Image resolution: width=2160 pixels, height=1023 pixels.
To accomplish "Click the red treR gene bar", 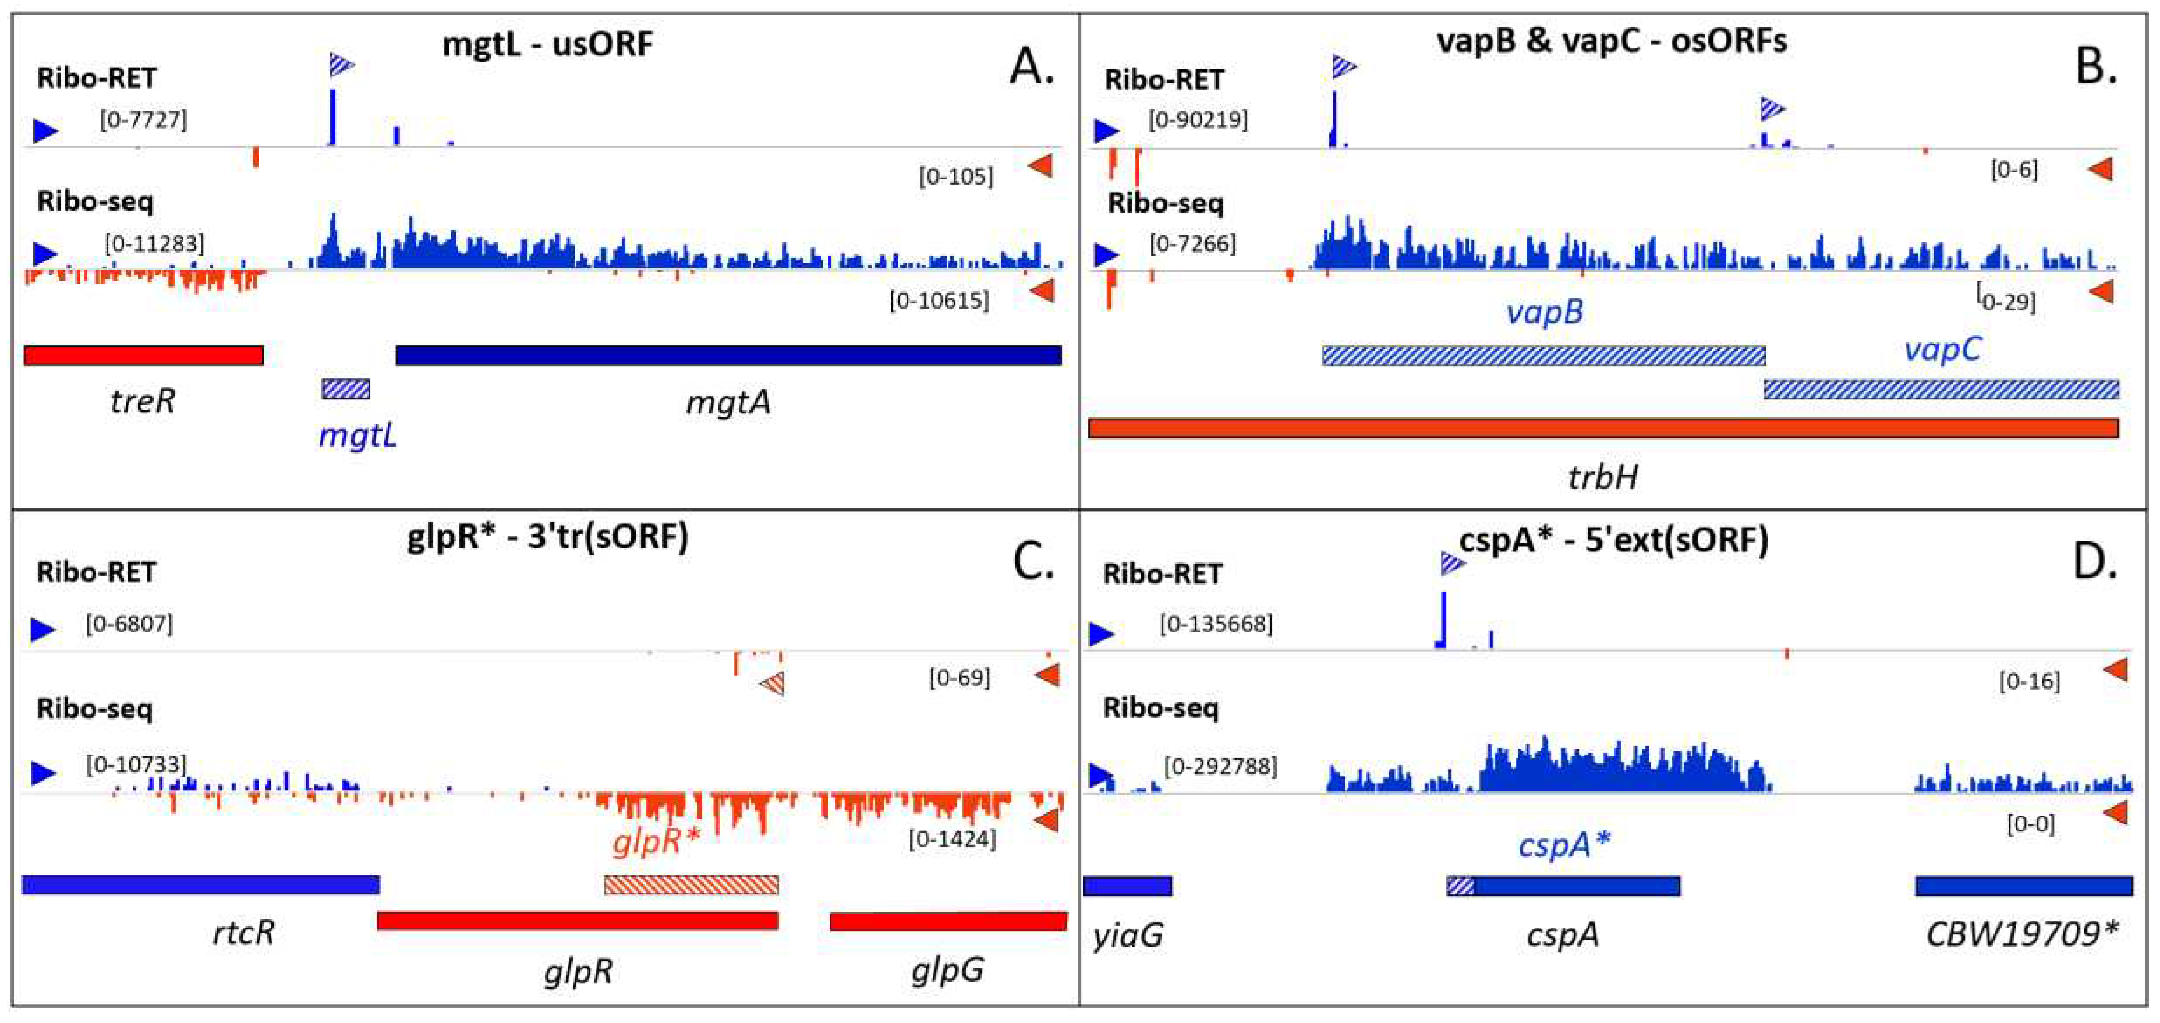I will pyautogui.click(x=143, y=356).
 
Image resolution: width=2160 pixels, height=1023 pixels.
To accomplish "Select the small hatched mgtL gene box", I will pyautogui.click(x=345, y=389).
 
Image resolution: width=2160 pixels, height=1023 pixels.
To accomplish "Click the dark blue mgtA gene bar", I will pyautogui.click(x=728, y=356).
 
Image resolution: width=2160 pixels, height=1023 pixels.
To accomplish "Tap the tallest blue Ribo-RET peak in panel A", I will pyautogui.click(x=333, y=118).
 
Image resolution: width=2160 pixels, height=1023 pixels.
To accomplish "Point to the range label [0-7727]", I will pyautogui.click(x=143, y=120).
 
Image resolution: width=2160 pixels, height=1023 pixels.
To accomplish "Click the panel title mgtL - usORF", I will pyautogui.click(x=547, y=44).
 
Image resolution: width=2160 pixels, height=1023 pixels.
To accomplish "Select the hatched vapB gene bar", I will pyautogui.click(x=1543, y=356).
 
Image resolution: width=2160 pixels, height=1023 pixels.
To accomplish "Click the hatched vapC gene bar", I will pyautogui.click(x=1941, y=389).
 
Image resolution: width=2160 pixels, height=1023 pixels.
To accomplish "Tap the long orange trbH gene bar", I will pyautogui.click(x=1602, y=429).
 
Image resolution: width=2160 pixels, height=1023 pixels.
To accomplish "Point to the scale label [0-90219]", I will pyautogui.click(x=1198, y=120).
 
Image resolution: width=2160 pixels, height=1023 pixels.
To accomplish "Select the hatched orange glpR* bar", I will pyautogui.click(x=691, y=884).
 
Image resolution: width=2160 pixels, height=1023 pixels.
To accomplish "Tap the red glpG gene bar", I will pyautogui.click(x=947, y=922).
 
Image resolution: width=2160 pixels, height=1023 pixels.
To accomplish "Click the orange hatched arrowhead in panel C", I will pyautogui.click(x=773, y=684).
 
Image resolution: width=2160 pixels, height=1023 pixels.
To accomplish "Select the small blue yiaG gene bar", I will pyautogui.click(x=1127, y=886).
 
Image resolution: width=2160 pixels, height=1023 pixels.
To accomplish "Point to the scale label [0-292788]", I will pyautogui.click(x=1220, y=766).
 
